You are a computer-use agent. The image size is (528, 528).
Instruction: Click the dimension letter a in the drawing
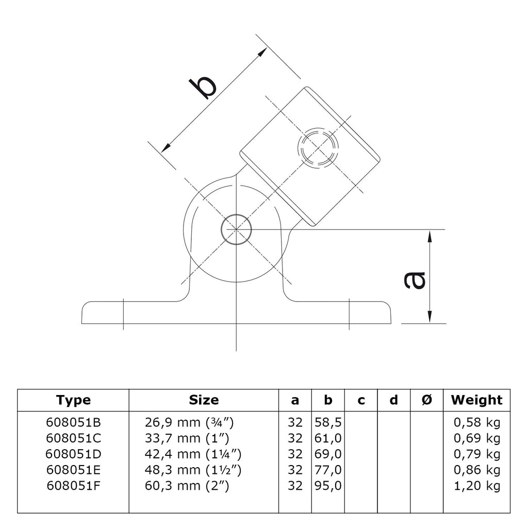pos(415,280)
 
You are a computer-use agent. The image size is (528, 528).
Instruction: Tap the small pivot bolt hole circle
pos(236,229)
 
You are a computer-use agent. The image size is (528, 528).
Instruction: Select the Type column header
pos(73,400)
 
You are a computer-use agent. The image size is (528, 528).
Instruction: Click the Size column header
pos(204,400)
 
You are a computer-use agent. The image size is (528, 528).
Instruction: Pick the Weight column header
pos(476,400)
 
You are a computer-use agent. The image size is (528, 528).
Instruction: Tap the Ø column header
pos(426,400)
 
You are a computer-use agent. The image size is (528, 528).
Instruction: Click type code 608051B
pos(73,422)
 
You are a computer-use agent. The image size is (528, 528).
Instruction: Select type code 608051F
pos(73,486)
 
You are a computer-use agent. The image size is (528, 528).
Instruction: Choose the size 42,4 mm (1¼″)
pos(193,454)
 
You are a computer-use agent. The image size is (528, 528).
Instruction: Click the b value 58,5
pos(328,423)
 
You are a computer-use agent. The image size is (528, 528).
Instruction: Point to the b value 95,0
pos(328,486)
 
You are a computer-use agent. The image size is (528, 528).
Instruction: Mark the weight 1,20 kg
pos(477,486)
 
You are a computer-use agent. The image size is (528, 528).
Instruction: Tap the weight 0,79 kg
pos(477,455)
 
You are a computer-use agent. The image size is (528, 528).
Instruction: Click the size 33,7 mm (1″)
pos(187,438)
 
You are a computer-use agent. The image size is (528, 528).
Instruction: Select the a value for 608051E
pos(295,470)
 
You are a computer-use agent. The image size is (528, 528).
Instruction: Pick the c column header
pos(361,401)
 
